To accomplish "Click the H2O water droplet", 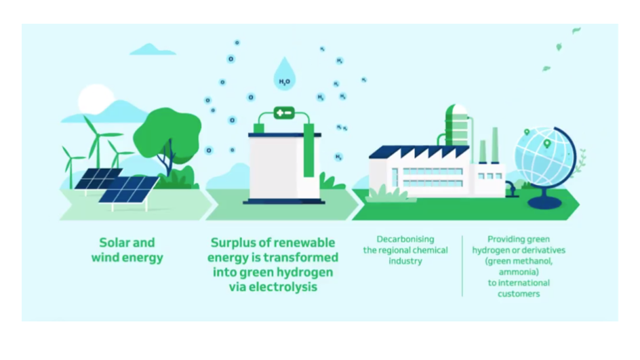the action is [285, 75].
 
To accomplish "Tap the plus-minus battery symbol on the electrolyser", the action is [284, 113].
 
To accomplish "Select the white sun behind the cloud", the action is [95, 100].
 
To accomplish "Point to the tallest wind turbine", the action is [97, 143].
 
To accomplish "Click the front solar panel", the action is [128, 191].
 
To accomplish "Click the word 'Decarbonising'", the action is [405, 239].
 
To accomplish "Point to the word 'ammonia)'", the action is [519, 272].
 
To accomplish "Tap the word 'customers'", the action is [519, 294].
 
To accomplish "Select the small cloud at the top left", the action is [153, 49].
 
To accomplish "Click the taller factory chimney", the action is [495, 145].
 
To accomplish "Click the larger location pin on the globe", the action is [547, 144].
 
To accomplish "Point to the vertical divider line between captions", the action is [462, 266].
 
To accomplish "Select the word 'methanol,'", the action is [533, 261].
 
